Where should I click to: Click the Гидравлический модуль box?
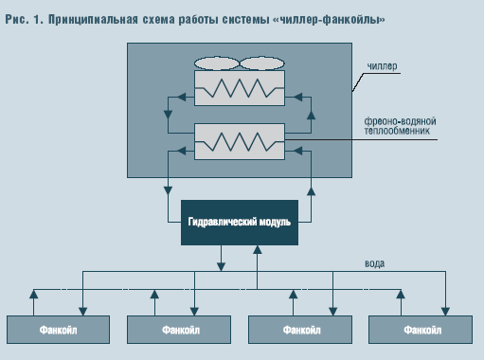pyautogui.click(x=239, y=222)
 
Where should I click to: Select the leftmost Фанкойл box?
pyautogui.click(x=59, y=330)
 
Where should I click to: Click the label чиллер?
pyautogui.click(x=383, y=67)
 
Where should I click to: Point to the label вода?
pyautogui.click(x=374, y=262)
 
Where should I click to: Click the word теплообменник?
pyautogui.click(x=398, y=132)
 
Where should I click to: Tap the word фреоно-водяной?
pyautogui.click(x=398, y=121)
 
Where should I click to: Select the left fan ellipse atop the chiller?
pyautogui.click(x=216, y=64)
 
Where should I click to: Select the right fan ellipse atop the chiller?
pyautogui.click(x=261, y=64)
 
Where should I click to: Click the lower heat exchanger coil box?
pyautogui.click(x=239, y=141)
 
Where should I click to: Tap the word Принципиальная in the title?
pyautogui.click(x=91, y=19)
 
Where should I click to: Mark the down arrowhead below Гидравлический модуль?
pyautogui.click(x=221, y=263)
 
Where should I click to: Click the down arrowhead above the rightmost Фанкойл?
pyautogui.click(x=445, y=308)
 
